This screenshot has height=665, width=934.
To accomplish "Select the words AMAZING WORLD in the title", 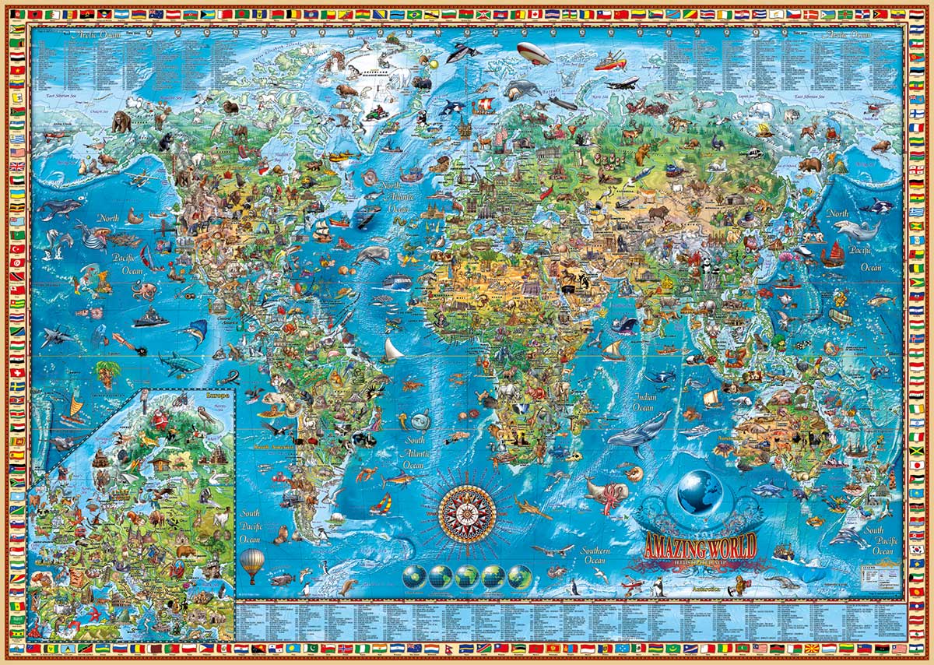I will tap(699, 544).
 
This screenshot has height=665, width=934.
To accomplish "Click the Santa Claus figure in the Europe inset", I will tap(161, 420).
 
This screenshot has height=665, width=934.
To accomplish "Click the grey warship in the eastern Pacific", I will tap(149, 318).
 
